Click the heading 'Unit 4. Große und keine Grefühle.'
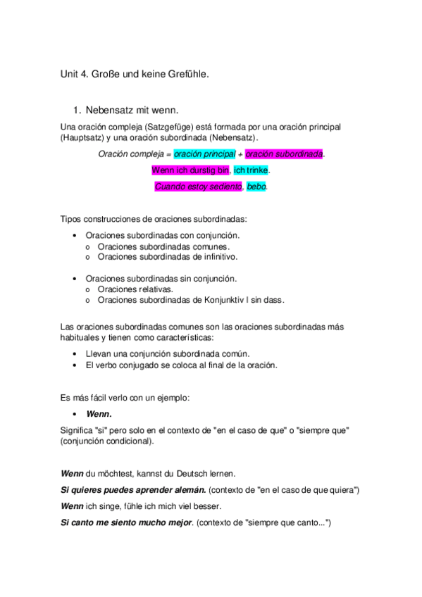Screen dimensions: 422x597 click(x=135, y=73)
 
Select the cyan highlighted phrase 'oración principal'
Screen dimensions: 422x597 click(x=204, y=154)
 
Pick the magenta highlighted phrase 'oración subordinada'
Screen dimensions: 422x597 click(x=284, y=154)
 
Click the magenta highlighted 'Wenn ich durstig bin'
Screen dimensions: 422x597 click(x=190, y=170)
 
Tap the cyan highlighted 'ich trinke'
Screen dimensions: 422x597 click(x=251, y=170)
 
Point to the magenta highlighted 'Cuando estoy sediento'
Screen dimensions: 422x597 click(x=199, y=187)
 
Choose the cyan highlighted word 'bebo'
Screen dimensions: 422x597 click(x=256, y=187)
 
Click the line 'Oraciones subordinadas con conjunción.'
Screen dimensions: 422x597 click(x=162, y=236)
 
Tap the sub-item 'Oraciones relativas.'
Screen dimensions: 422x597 click(x=135, y=289)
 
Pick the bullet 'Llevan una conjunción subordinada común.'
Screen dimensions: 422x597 click(x=167, y=353)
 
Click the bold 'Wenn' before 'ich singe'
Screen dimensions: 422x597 click(x=73, y=506)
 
